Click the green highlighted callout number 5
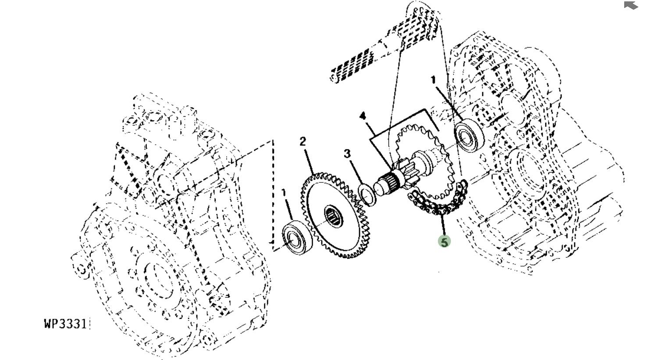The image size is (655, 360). tap(444, 242)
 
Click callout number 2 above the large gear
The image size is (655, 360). tap(303, 141)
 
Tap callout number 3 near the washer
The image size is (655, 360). tap(347, 153)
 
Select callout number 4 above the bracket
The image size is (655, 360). tap(363, 116)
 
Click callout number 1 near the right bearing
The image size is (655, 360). tap(433, 80)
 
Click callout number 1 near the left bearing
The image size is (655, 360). tap(284, 192)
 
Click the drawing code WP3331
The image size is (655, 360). tap(65, 324)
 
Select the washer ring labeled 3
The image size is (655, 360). tap(367, 195)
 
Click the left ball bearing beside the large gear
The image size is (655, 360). tap(296, 238)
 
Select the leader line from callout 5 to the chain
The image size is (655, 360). tap(443, 226)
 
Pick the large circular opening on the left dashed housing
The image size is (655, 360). tap(156, 281)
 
